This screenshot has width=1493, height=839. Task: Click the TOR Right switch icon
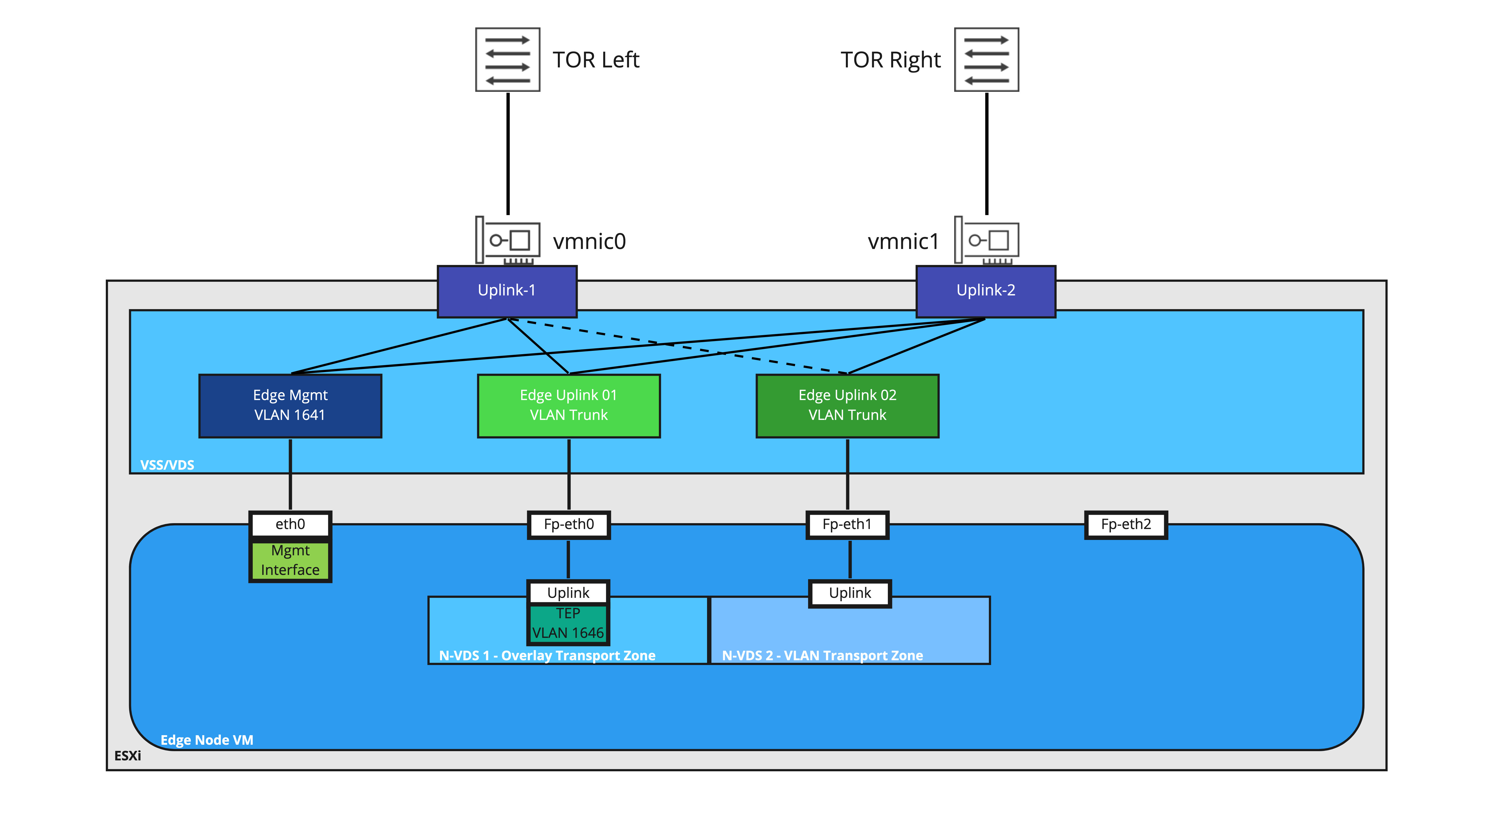986,60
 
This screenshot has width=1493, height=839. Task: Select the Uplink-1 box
507,291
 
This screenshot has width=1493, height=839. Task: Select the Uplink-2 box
985,291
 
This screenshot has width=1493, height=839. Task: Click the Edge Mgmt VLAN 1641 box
290,406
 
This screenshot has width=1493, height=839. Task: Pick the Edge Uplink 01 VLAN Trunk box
568,406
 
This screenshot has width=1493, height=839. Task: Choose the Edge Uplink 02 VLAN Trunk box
847,406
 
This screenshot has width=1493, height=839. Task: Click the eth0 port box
290,524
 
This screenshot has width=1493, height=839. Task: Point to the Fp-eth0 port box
568,524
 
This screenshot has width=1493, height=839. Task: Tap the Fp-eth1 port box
847,524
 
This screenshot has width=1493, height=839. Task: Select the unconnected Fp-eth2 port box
1125,524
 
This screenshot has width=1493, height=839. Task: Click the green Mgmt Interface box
290,561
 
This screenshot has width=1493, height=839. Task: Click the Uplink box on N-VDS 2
850,593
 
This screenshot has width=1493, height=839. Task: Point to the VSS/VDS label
167,465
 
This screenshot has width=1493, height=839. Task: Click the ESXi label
128,756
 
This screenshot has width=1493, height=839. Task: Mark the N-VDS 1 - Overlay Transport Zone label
547,655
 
